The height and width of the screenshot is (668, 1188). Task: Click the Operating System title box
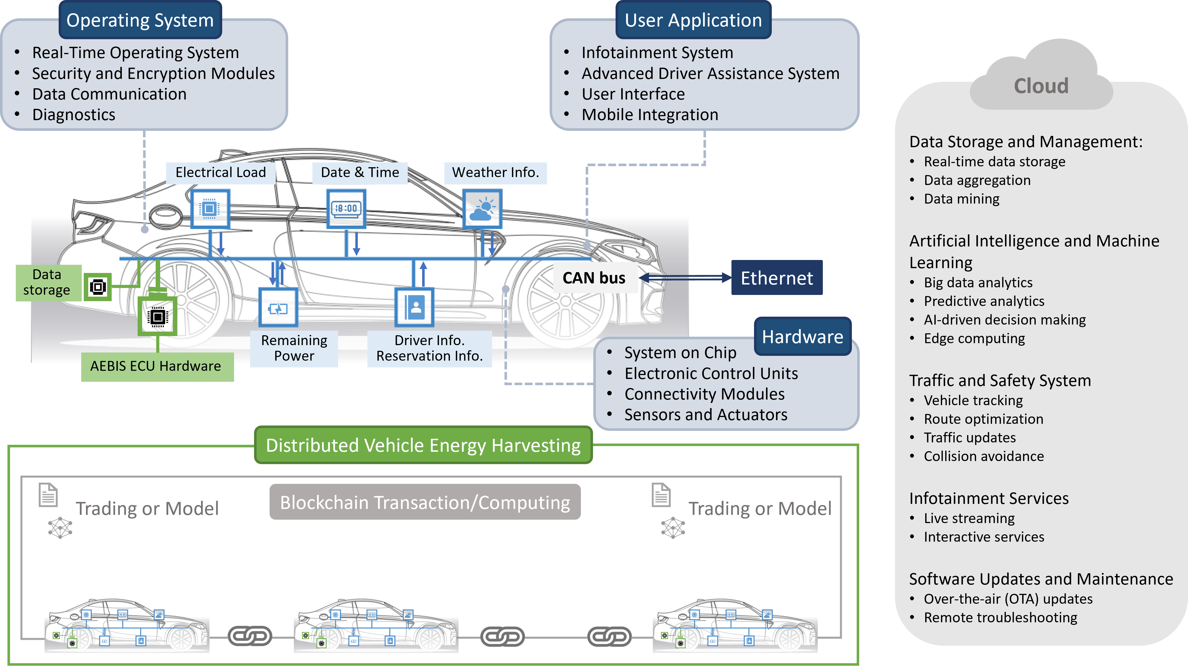click(x=140, y=20)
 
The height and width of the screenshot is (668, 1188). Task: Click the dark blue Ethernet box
click(x=777, y=278)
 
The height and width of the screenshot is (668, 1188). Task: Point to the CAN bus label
click(x=594, y=278)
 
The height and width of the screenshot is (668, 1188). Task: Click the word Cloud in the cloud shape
click(x=1041, y=86)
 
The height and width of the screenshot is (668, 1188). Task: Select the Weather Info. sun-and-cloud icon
click(x=482, y=209)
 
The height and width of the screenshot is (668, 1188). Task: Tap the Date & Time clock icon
click(x=346, y=209)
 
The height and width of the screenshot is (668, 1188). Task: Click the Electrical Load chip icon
click(x=210, y=209)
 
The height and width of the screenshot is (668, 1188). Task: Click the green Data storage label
click(x=47, y=282)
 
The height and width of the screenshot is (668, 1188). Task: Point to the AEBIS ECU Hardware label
click(x=156, y=366)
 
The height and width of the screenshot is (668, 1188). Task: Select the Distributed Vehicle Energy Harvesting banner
click(x=423, y=445)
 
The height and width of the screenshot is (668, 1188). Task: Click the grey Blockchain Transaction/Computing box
click(x=425, y=502)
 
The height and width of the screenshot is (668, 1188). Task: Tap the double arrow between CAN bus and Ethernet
click(x=685, y=277)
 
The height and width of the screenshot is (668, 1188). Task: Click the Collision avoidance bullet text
click(x=983, y=457)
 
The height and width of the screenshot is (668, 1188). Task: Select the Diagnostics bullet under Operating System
click(x=74, y=115)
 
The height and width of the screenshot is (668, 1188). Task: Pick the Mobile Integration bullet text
click(x=650, y=115)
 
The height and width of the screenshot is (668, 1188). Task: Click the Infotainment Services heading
click(x=989, y=498)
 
